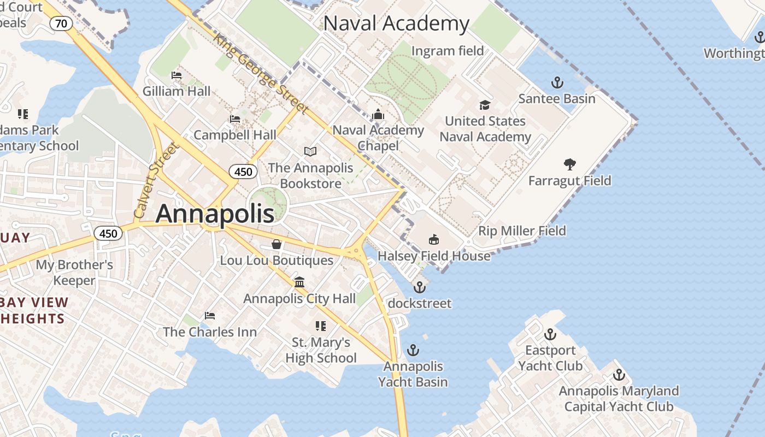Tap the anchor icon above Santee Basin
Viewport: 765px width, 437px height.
(557, 83)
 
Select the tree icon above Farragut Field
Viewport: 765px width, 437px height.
(570, 164)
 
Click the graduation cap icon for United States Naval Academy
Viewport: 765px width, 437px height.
(485, 105)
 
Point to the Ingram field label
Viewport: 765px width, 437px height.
(448, 51)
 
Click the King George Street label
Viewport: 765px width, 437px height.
(261, 74)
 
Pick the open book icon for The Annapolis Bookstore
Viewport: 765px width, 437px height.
(310, 151)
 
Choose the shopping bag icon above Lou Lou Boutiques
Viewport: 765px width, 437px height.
(276, 244)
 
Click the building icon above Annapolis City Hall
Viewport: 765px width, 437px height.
(299, 282)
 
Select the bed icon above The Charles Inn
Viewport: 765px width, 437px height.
(210, 316)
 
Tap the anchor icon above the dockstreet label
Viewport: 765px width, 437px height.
(419, 287)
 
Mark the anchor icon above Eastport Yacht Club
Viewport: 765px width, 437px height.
(550, 334)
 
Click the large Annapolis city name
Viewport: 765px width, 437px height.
(215, 214)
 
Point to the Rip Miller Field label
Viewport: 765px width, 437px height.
(522, 231)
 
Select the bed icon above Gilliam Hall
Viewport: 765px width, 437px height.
(176, 75)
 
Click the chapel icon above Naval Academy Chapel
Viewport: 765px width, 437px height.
(378, 114)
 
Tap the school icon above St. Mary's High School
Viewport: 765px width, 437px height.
(321, 326)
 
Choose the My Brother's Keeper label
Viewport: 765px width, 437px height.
(74, 273)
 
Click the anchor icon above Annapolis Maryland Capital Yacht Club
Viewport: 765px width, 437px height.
(619, 375)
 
